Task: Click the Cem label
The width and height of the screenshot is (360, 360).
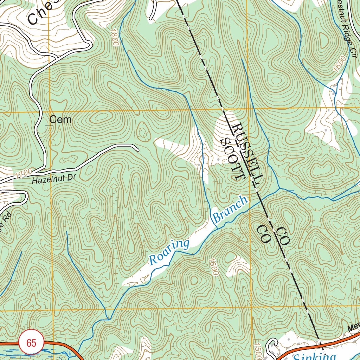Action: (x=60, y=120)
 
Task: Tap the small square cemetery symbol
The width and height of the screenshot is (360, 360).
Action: (x=49, y=129)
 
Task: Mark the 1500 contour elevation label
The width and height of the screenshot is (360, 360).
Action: (x=256, y=350)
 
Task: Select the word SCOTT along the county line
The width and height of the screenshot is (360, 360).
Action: (x=232, y=159)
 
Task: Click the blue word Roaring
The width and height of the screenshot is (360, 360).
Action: (x=169, y=252)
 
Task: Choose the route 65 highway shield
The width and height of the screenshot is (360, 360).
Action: (x=31, y=343)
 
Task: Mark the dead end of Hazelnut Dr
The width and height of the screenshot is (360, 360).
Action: (x=138, y=149)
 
